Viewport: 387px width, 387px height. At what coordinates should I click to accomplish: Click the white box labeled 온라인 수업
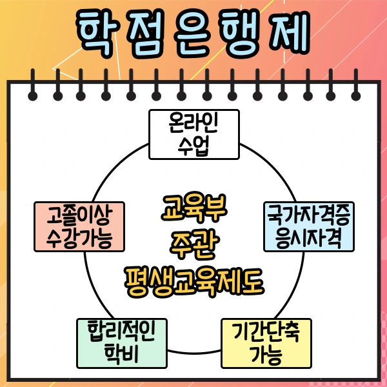pyautogui.click(x=193, y=134)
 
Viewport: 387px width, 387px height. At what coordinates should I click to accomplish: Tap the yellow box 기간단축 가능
pyautogui.click(x=266, y=342)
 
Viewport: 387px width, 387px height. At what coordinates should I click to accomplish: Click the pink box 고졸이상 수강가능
pyautogui.click(x=79, y=226)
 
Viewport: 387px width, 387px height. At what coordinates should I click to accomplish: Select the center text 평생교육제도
pyautogui.click(x=193, y=281)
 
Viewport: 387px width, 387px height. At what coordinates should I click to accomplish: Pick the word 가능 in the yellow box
pyautogui.click(x=266, y=353)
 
